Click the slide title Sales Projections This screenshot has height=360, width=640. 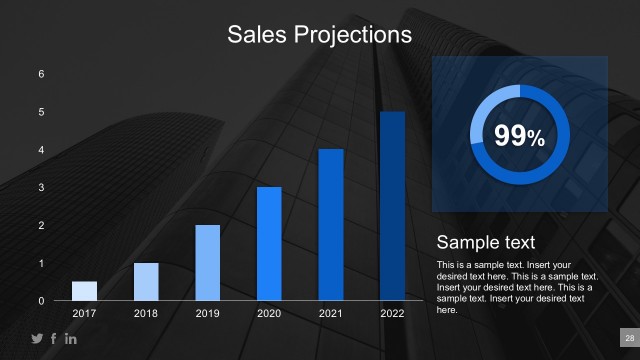(x=319, y=35)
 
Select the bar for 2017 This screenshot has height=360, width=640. (x=84, y=291)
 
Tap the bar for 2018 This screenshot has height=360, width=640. (x=146, y=282)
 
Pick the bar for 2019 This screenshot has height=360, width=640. (x=207, y=263)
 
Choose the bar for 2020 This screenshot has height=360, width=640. (x=269, y=244)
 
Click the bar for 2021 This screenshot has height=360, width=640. (x=331, y=225)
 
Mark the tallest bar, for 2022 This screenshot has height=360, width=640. (x=392, y=206)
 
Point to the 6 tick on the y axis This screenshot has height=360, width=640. (x=41, y=74)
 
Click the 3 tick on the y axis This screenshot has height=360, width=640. (x=41, y=188)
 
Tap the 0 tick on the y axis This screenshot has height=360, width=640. (x=41, y=301)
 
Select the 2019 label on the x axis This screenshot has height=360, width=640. (x=207, y=314)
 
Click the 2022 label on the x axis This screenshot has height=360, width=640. (x=392, y=314)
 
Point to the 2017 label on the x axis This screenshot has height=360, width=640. (x=84, y=314)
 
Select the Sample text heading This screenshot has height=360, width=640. (x=486, y=243)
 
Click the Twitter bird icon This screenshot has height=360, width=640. (x=38, y=339)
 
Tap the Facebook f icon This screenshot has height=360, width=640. (x=54, y=339)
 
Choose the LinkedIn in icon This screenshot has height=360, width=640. (x=70, y=339)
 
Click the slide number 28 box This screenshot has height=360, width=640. (x=630, y=338)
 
